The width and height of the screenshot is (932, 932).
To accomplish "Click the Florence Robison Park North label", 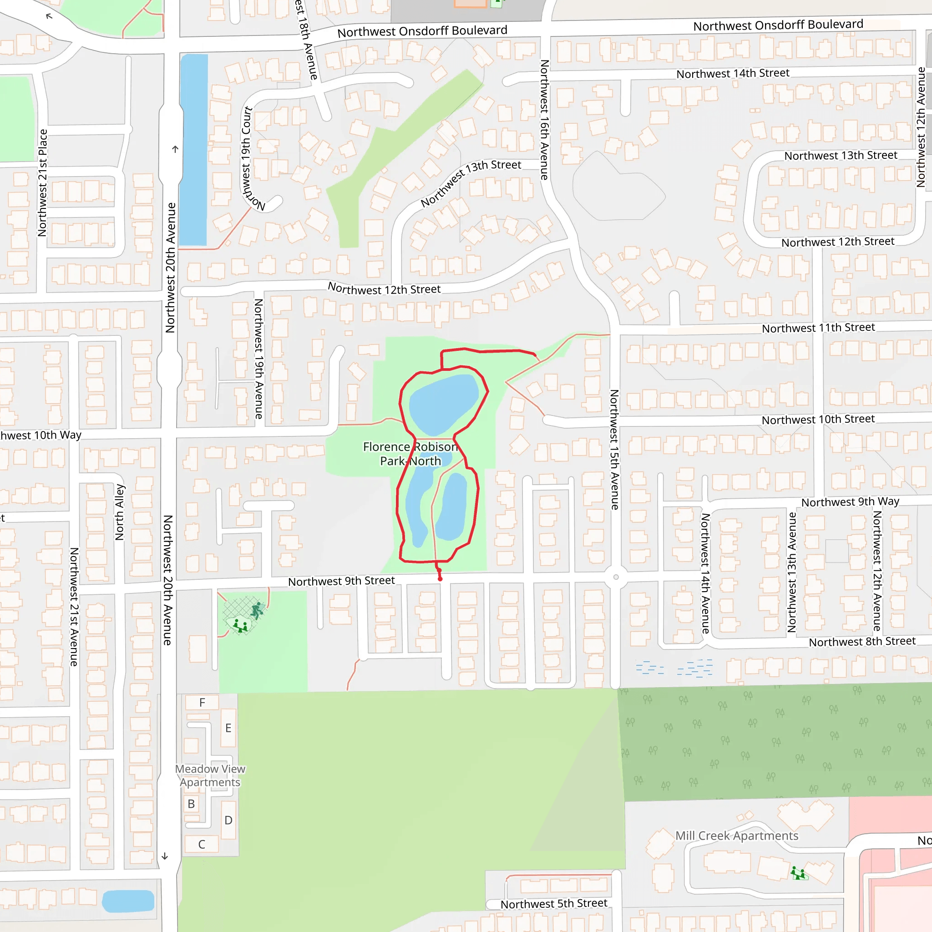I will coord(410,454).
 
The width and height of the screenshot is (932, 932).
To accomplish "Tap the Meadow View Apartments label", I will coord(210,775).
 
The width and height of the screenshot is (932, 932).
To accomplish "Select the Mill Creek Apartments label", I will coord(737,836).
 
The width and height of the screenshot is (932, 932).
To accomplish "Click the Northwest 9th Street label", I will coord(342,581).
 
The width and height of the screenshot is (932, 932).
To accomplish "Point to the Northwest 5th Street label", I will coord(554,903).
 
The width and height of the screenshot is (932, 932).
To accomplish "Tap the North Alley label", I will coord(120,512).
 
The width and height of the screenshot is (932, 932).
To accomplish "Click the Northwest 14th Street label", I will coord(733,73).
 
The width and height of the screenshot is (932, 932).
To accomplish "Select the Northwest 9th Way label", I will coord(850,501).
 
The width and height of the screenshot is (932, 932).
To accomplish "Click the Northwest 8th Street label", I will coord(862,642).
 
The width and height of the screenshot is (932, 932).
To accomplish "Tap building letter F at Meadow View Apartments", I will coord(202,702).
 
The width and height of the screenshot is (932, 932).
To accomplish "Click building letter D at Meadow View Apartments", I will coord(228,820).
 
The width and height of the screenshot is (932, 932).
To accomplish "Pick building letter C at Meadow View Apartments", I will coord(202,844).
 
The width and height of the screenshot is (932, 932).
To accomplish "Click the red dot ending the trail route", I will coord(440,578).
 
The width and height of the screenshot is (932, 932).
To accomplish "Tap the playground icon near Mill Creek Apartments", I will coord(798,873).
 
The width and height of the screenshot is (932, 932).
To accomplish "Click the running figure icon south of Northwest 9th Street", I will coord(258,610).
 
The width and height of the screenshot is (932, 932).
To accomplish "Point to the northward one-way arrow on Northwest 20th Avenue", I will coord(175,149).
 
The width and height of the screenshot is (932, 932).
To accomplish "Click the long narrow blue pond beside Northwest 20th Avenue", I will coord(194,150).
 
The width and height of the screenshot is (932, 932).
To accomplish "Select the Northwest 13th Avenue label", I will coord(792,572).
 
